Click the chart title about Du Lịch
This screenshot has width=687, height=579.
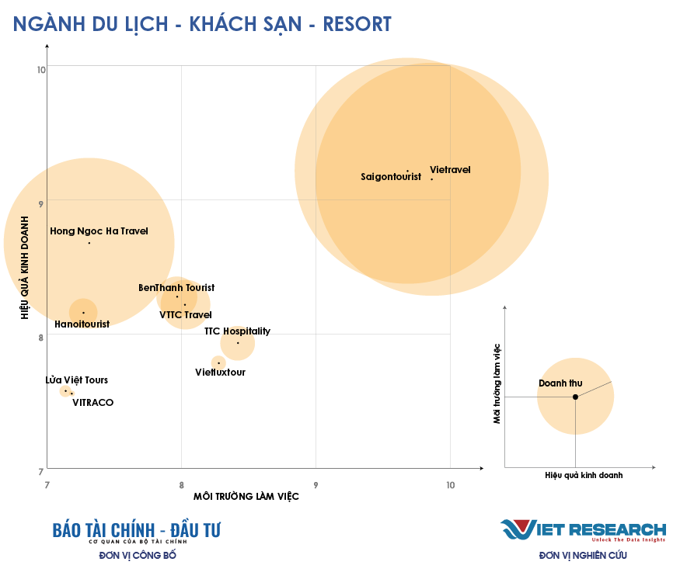[202, 23]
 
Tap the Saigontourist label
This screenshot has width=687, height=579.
[391, 177]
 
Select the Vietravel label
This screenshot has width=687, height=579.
[450, 170]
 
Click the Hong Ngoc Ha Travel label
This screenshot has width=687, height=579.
[99, 231]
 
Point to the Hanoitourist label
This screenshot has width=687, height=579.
[82, 324]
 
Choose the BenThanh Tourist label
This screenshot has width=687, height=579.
[176, 288]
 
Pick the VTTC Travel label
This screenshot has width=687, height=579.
[186, 315]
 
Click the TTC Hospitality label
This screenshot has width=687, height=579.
[237, 331]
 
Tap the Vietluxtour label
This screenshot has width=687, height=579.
[220, 373]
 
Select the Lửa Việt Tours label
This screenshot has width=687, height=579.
[76, 380]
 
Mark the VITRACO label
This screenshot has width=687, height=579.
[92, 402]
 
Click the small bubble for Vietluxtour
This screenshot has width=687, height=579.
[218, 362]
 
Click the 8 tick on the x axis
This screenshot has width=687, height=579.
[181, 484]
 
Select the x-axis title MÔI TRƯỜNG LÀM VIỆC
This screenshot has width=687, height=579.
[246, 497]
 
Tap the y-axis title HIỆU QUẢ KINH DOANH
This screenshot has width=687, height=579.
[25, 268]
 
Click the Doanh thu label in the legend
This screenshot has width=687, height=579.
[560, 383]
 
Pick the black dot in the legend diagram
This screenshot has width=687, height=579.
[575, 397]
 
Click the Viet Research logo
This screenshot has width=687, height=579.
[583, 530]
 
